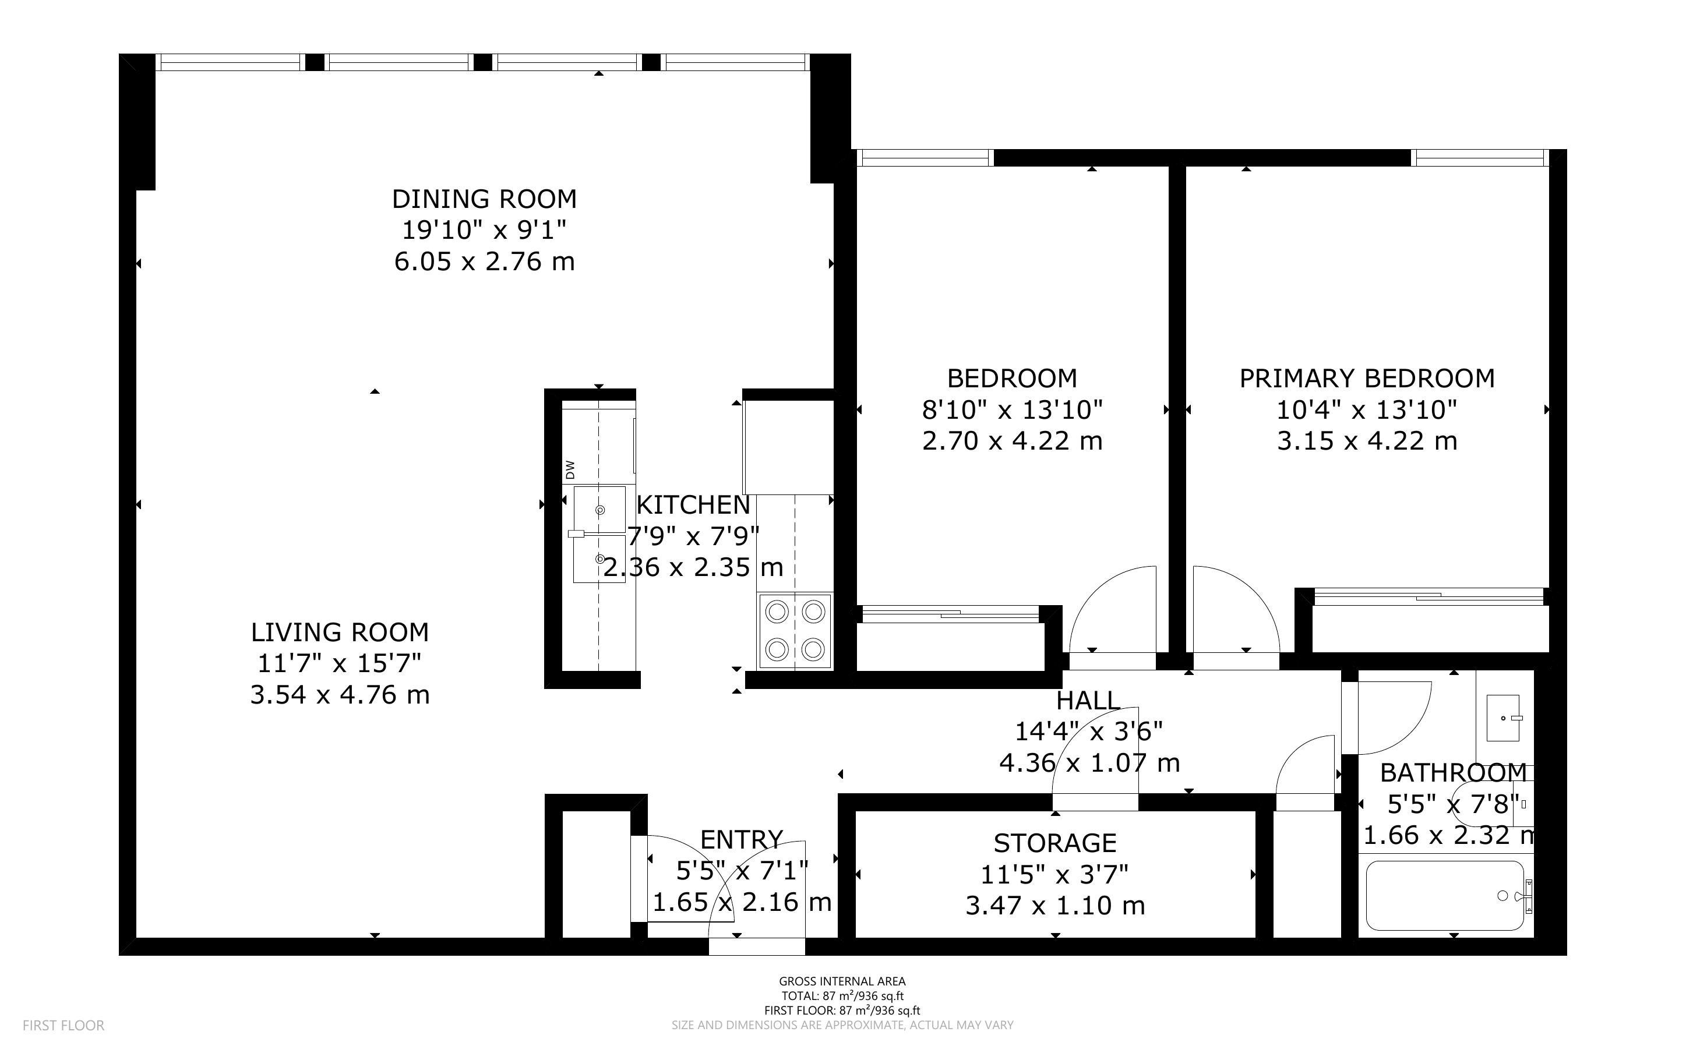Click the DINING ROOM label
[x=484, y=199]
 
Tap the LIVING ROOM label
[x=340, y=632]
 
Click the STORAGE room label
[x=1055, y=843]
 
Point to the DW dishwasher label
[x=570, y=469]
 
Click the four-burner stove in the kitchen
[x=795, y=631]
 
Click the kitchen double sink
[x=599, y=535]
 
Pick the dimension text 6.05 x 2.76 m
[x=485, y=262]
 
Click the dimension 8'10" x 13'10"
[x=1013, y=410]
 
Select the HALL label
[x=1088, y=700]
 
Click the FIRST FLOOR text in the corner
[x=64, y=1025]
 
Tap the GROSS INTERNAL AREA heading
[x=842, y=982]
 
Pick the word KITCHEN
[x=694, y=505]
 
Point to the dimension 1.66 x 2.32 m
[x=1448, y=835]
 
